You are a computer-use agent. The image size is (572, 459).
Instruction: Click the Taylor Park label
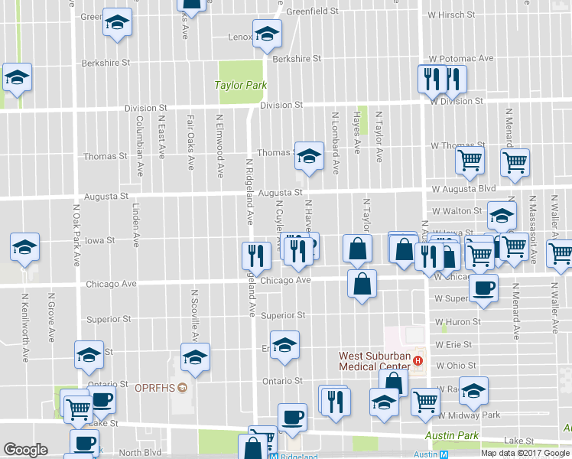(241, 85)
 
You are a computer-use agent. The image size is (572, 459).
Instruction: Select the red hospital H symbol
(418, 360)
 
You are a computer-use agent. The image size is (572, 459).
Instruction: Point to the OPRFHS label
(155, 387)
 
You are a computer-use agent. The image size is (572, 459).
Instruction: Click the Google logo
(25, 450)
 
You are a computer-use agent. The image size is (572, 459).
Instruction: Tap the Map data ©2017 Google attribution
(525, 453)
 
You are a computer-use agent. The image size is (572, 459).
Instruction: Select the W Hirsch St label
(451, 15)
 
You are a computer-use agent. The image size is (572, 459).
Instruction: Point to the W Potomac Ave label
(461, 58)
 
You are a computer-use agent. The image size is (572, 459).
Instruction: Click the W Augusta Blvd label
(463, 188)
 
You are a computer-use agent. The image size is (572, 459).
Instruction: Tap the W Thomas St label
(458, 145)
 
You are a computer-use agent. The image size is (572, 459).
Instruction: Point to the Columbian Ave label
(140, 136)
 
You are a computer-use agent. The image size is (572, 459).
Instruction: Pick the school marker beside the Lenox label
(267, 34)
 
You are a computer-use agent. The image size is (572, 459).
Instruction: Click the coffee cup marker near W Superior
(483, 290)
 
